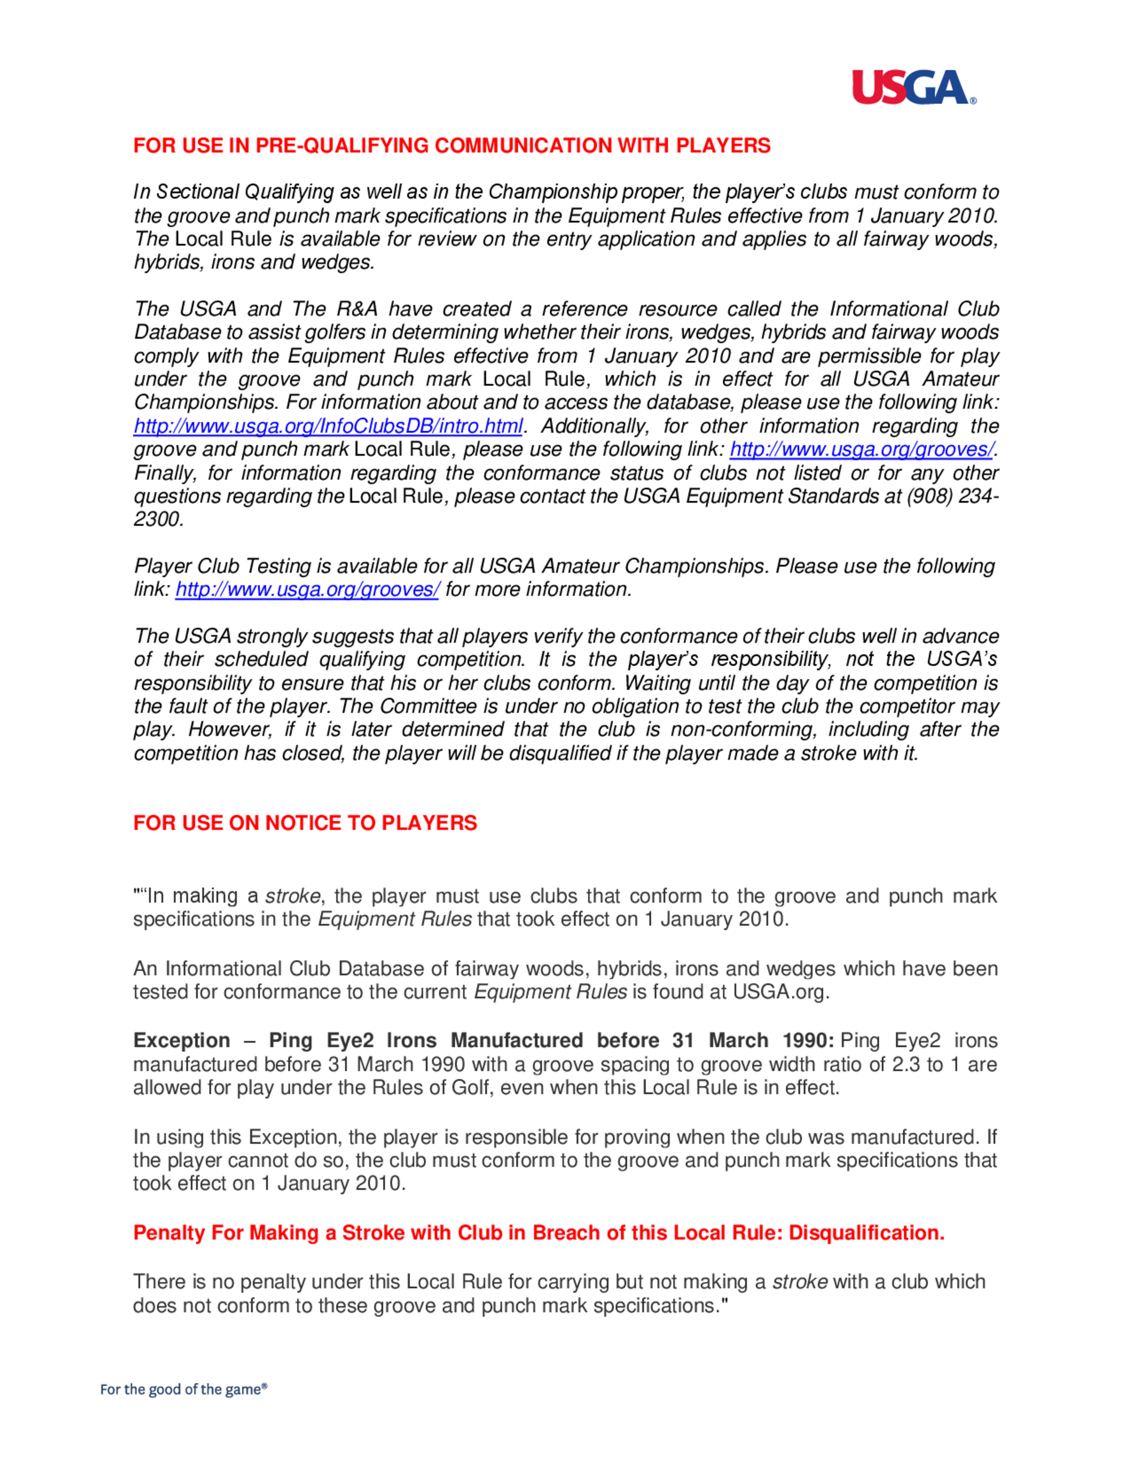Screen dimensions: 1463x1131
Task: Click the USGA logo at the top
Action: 913,88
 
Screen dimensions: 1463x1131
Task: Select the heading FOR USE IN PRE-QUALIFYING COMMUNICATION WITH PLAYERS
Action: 452,145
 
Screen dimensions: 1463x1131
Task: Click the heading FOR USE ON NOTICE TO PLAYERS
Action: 305,823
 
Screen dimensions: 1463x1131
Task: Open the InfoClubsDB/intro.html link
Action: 327,426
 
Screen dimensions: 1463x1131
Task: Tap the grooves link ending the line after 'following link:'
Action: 861,449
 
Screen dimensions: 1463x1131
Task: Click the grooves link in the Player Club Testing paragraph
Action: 307,590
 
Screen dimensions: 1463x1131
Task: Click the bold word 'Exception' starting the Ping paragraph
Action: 182,1040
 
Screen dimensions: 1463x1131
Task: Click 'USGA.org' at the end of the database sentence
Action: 780,992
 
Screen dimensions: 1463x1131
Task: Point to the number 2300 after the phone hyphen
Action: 158,520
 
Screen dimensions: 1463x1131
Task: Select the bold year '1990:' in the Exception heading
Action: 808,1040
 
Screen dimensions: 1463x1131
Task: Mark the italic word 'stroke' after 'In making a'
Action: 293,897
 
